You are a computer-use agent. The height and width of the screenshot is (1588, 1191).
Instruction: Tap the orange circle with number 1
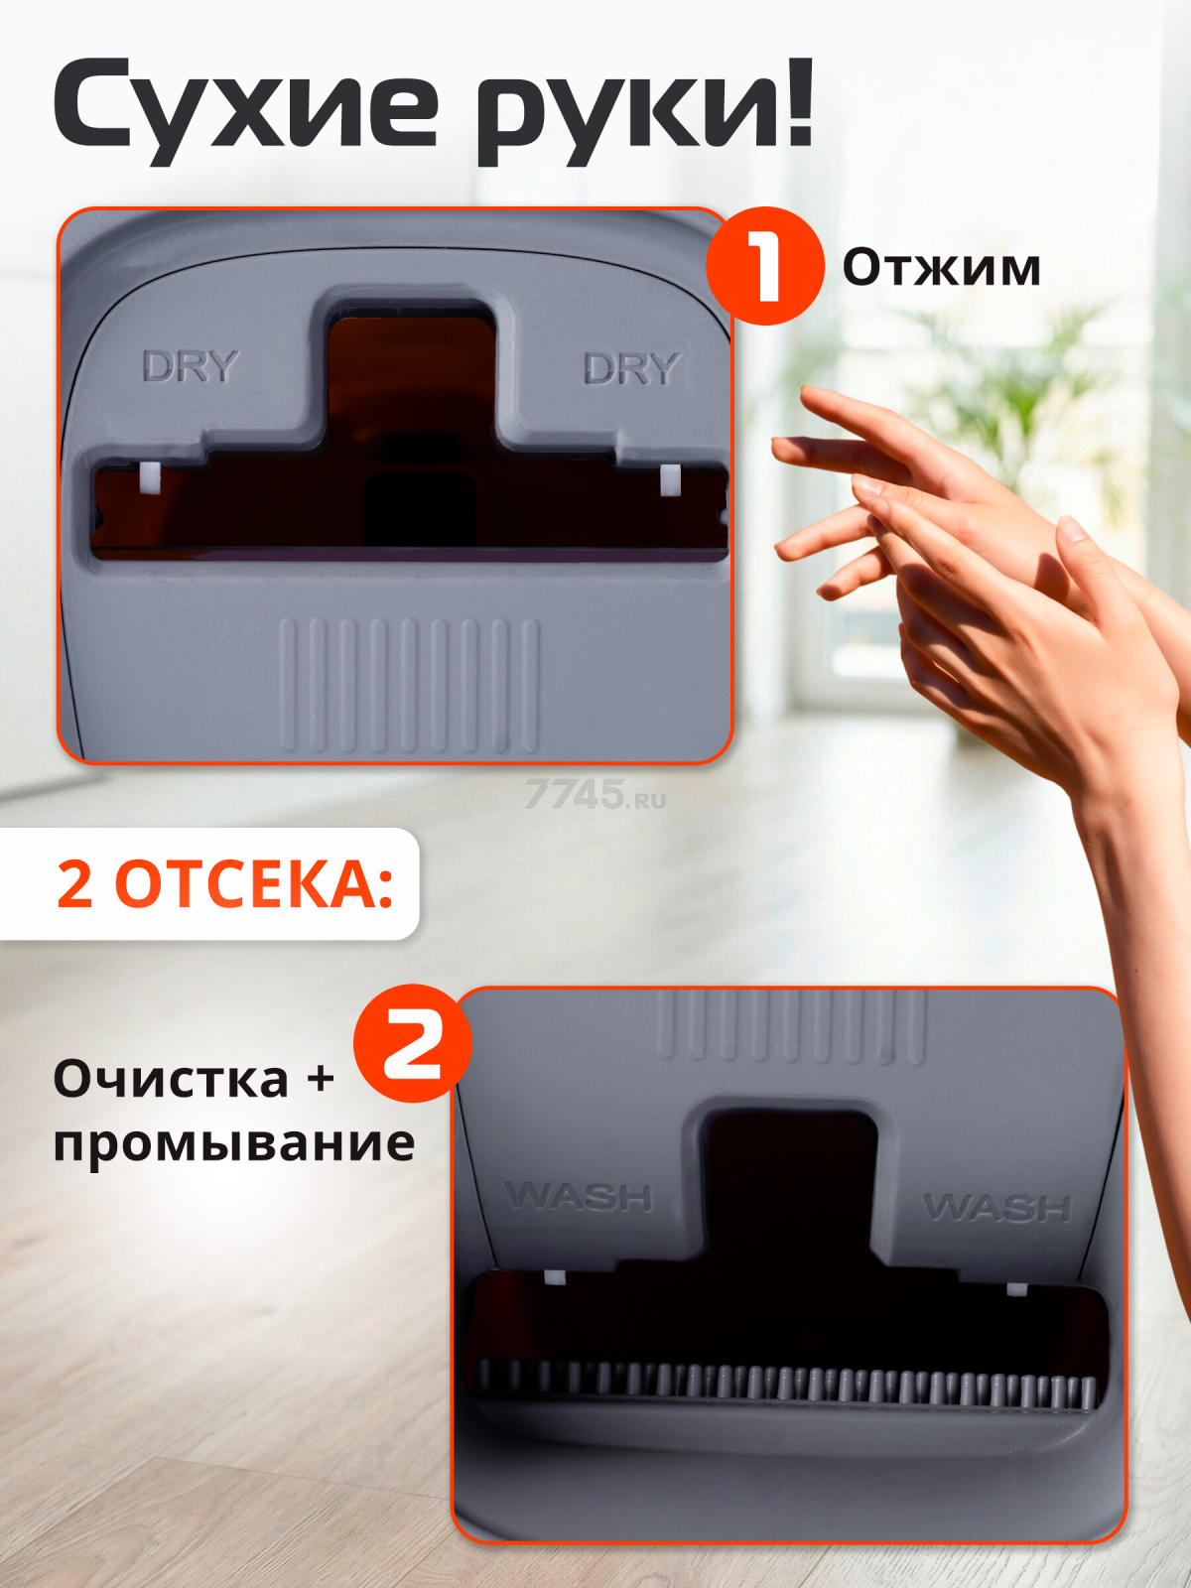(765, 266)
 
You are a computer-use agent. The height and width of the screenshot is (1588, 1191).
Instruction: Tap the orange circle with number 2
(412, 1042)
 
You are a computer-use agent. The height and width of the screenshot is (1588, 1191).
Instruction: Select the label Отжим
(942, 268)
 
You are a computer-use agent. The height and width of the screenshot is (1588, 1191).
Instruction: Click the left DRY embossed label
(191, 366)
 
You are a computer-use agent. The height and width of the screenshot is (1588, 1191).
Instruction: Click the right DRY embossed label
(631, 368)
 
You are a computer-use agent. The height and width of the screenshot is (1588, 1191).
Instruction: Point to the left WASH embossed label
(580, 1196)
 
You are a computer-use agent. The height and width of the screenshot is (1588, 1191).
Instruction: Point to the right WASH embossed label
(997, 1207)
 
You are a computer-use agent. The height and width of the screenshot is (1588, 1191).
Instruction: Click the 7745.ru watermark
(595, 794)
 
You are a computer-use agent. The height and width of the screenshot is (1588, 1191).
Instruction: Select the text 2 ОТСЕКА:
(225, 884)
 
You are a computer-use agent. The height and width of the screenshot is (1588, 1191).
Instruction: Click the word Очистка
(172, 1080)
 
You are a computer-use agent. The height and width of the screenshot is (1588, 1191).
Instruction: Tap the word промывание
(234, 1143)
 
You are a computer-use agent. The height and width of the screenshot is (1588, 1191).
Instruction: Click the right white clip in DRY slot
(670, 479)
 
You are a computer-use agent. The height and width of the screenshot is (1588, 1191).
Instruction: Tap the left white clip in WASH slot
(554, 1278)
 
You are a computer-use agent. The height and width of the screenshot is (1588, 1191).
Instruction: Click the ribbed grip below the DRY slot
(409, 685)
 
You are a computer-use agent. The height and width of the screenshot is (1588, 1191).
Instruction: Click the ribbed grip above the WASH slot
(792, 1027)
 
